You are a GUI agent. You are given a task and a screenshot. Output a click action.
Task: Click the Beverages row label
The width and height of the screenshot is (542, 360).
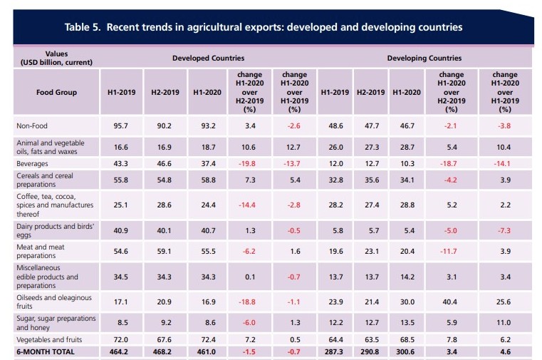[x=33, y=163]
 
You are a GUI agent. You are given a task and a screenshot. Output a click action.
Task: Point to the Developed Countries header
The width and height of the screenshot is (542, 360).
[x=208, y=58]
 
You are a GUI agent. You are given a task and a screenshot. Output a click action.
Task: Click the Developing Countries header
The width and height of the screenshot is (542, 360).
[x=424, y=58]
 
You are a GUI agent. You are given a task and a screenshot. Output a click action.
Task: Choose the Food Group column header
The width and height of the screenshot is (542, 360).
[x=56, y=92]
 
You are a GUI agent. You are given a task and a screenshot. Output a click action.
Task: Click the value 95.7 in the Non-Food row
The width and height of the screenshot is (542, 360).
[x=119, y=125]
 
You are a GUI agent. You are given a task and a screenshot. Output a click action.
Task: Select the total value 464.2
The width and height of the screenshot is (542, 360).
[x=119, y=351]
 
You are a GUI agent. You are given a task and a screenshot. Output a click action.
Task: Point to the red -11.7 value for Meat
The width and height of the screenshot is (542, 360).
[x=451, y=251]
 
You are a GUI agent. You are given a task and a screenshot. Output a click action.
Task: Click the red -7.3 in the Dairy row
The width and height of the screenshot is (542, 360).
[x=505, y=230]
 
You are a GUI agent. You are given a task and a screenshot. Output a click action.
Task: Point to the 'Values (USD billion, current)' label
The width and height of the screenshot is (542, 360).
[x=56, y=58]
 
